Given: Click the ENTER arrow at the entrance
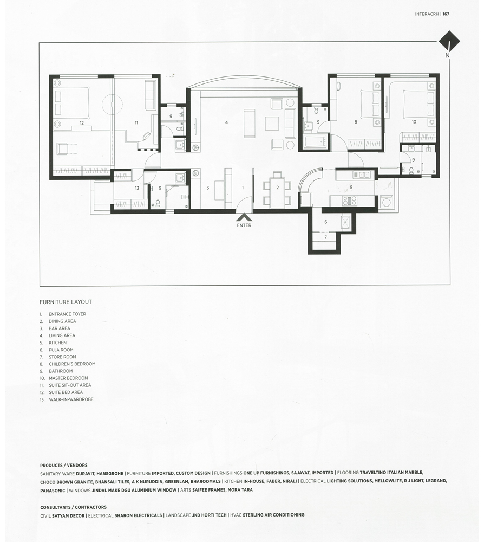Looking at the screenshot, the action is pos(244,217).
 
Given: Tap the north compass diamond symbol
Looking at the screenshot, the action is pos(449,42).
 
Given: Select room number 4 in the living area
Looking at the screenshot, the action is pos(226,122).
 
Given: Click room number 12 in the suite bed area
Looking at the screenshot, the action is pos(81,123).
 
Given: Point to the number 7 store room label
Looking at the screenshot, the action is pos(325,237).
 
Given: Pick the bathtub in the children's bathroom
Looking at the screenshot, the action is pos(315,141).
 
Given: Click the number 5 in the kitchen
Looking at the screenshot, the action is pos(351,188).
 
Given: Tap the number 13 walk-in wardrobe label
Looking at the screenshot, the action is pos(137,188).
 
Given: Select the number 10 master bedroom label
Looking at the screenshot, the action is pos(414,121).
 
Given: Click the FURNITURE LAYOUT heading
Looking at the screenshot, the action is pos(66,302).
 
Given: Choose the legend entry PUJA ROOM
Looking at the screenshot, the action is pos(61,350).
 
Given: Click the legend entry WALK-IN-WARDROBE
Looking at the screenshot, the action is pos(71,399).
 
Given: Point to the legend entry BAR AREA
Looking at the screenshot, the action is pos(60,328).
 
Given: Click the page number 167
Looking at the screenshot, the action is pos(446,14).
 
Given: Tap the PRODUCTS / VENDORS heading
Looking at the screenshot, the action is pos(63,466).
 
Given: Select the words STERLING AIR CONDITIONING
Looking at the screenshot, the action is pos(273,515).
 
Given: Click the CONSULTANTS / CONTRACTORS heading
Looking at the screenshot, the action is pos(73,507).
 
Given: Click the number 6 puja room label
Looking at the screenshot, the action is pos(325,222).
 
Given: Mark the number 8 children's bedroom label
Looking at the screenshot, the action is pos(356,122).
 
